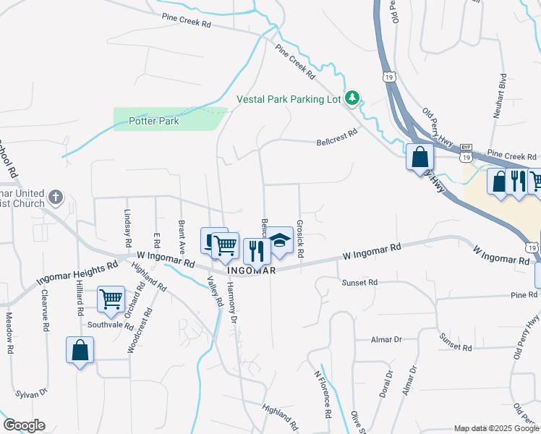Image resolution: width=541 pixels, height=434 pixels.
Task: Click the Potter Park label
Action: pos(153,121)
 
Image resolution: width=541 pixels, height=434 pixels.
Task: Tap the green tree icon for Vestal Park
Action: pos(352,97)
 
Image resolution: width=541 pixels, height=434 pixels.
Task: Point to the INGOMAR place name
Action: pos(252,271)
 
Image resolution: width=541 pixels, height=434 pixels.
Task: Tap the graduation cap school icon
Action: pos(281,241)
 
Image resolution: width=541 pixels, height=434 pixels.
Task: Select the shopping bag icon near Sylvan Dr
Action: pos(80,350)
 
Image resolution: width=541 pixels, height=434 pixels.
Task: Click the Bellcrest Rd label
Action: pos(337,137)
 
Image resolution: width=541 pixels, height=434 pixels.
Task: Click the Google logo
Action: pos(23,425)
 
